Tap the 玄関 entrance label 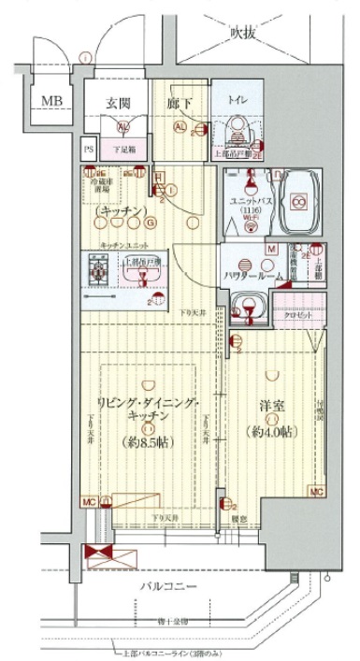click(117, 102)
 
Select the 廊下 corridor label click(180, 102)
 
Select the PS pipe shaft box click(90, 149)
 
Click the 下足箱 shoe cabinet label click(120, 149)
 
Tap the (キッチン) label click(117, 212)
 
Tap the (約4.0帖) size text click(272, 432)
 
